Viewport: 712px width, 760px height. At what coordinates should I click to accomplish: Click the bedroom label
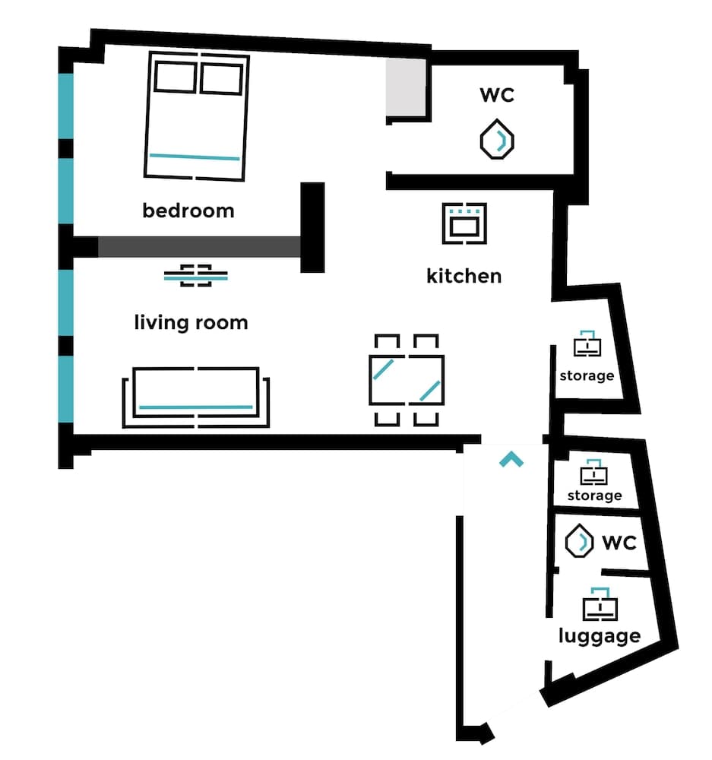point(188,211)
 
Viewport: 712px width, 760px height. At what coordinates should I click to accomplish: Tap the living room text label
point(191,322)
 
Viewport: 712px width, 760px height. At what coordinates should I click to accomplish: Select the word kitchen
point(464,275)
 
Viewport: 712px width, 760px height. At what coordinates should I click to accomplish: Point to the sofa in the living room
point(196,397)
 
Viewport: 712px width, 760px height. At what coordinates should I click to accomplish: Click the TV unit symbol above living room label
point(196,276)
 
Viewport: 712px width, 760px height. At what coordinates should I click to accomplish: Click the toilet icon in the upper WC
point(497,139)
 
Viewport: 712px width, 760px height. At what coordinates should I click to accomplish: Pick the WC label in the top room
point(497,95)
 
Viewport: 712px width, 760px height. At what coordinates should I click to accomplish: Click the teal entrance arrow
point(511,459)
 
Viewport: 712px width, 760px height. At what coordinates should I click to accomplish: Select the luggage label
point(599,635)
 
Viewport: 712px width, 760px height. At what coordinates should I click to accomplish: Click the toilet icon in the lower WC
point(580,542)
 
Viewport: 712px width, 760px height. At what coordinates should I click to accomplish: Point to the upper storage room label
point(587,375)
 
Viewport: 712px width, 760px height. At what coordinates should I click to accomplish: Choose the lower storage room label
point(594,496)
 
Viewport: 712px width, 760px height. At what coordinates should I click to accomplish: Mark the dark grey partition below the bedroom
point(199,247)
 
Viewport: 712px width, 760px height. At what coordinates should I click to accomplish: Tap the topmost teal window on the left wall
point(66,106)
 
